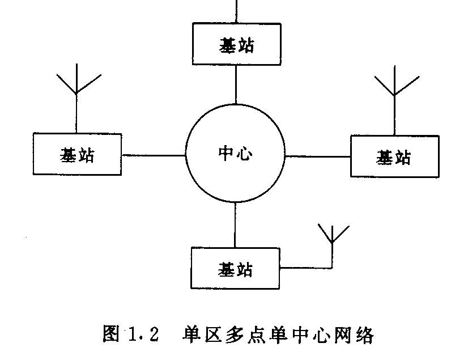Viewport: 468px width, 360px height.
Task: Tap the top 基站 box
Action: click(x=236, y=44)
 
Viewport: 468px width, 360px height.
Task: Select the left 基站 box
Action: click(x=77, y=154)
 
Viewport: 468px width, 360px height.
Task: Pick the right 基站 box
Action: click(x=394, y=156)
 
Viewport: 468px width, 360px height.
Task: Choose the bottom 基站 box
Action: click(x=235, y=268)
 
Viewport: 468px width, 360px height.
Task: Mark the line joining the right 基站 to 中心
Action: click(x=317, y=156)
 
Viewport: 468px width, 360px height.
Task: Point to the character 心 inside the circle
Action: click(x=244, y=154)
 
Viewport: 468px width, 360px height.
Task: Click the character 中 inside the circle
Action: click(x=226, y=154)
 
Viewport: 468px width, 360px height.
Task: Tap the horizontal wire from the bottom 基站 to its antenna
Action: click(x=306, y=267)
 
